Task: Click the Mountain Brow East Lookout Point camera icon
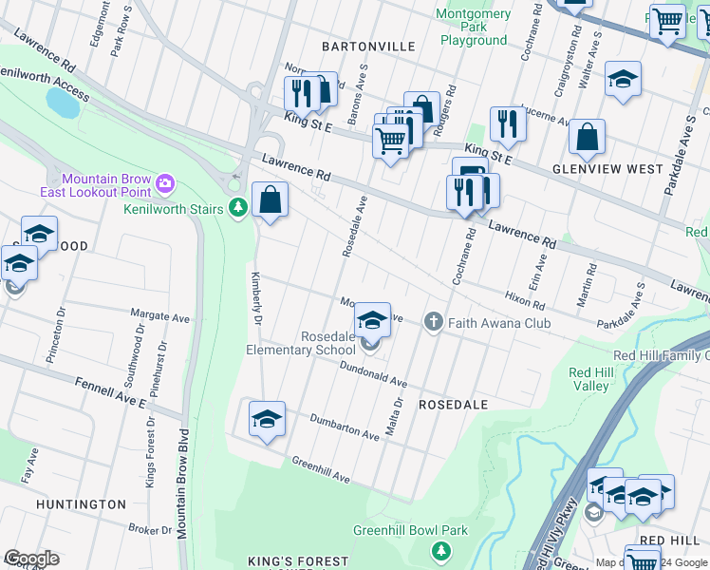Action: pyautogui.click(x=165, y=181)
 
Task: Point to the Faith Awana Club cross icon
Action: pyautogui.click(x=434, y=321)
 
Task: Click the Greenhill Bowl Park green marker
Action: pyautogui.click(x=440, y=550)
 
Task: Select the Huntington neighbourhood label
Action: pyautogui.click(x=81, y=504)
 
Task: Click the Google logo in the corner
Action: pyautogui.click(x=31, y=559)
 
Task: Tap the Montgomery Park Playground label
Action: pyautogui.click(x=473, y=27)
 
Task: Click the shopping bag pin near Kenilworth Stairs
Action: pyautogui.click(x=271, y=199)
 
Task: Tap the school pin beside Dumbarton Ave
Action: pyautogui.click(x=268, y=419)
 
